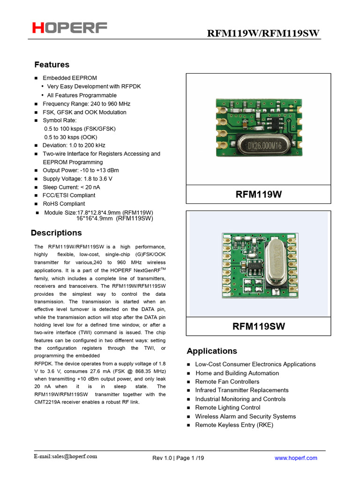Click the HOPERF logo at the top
pyautogui.click(x=69, y=28)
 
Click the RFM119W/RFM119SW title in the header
pyautogui.click(x=263, y=33)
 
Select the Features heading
pyautogui.click(x=52, y=65)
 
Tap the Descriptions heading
pyautogui.click(x=56, y=233)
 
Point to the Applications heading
pyautogui.click(x=212, y=351)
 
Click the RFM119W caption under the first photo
pyautogui.click(x=258, y=194)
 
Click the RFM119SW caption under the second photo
pyautogui.click(x=258, y=326)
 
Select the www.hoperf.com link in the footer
pyautogui.click(x=296, y=458)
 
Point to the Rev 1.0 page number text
pyautogui.click(x=178, y=458)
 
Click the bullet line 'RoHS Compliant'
pyautogui.click(x=64, y=204)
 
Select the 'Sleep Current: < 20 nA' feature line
pyautogui.click(x=71, y=187)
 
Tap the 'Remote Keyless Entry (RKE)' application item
pyautogui.click(x=234, y=425)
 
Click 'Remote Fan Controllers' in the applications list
pyautogui.click(x=227, y=382)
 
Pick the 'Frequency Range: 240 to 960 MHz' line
pyautogui.click(x=86, y=104)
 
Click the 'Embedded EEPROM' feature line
pyautogui.click(x=70, y=78)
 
